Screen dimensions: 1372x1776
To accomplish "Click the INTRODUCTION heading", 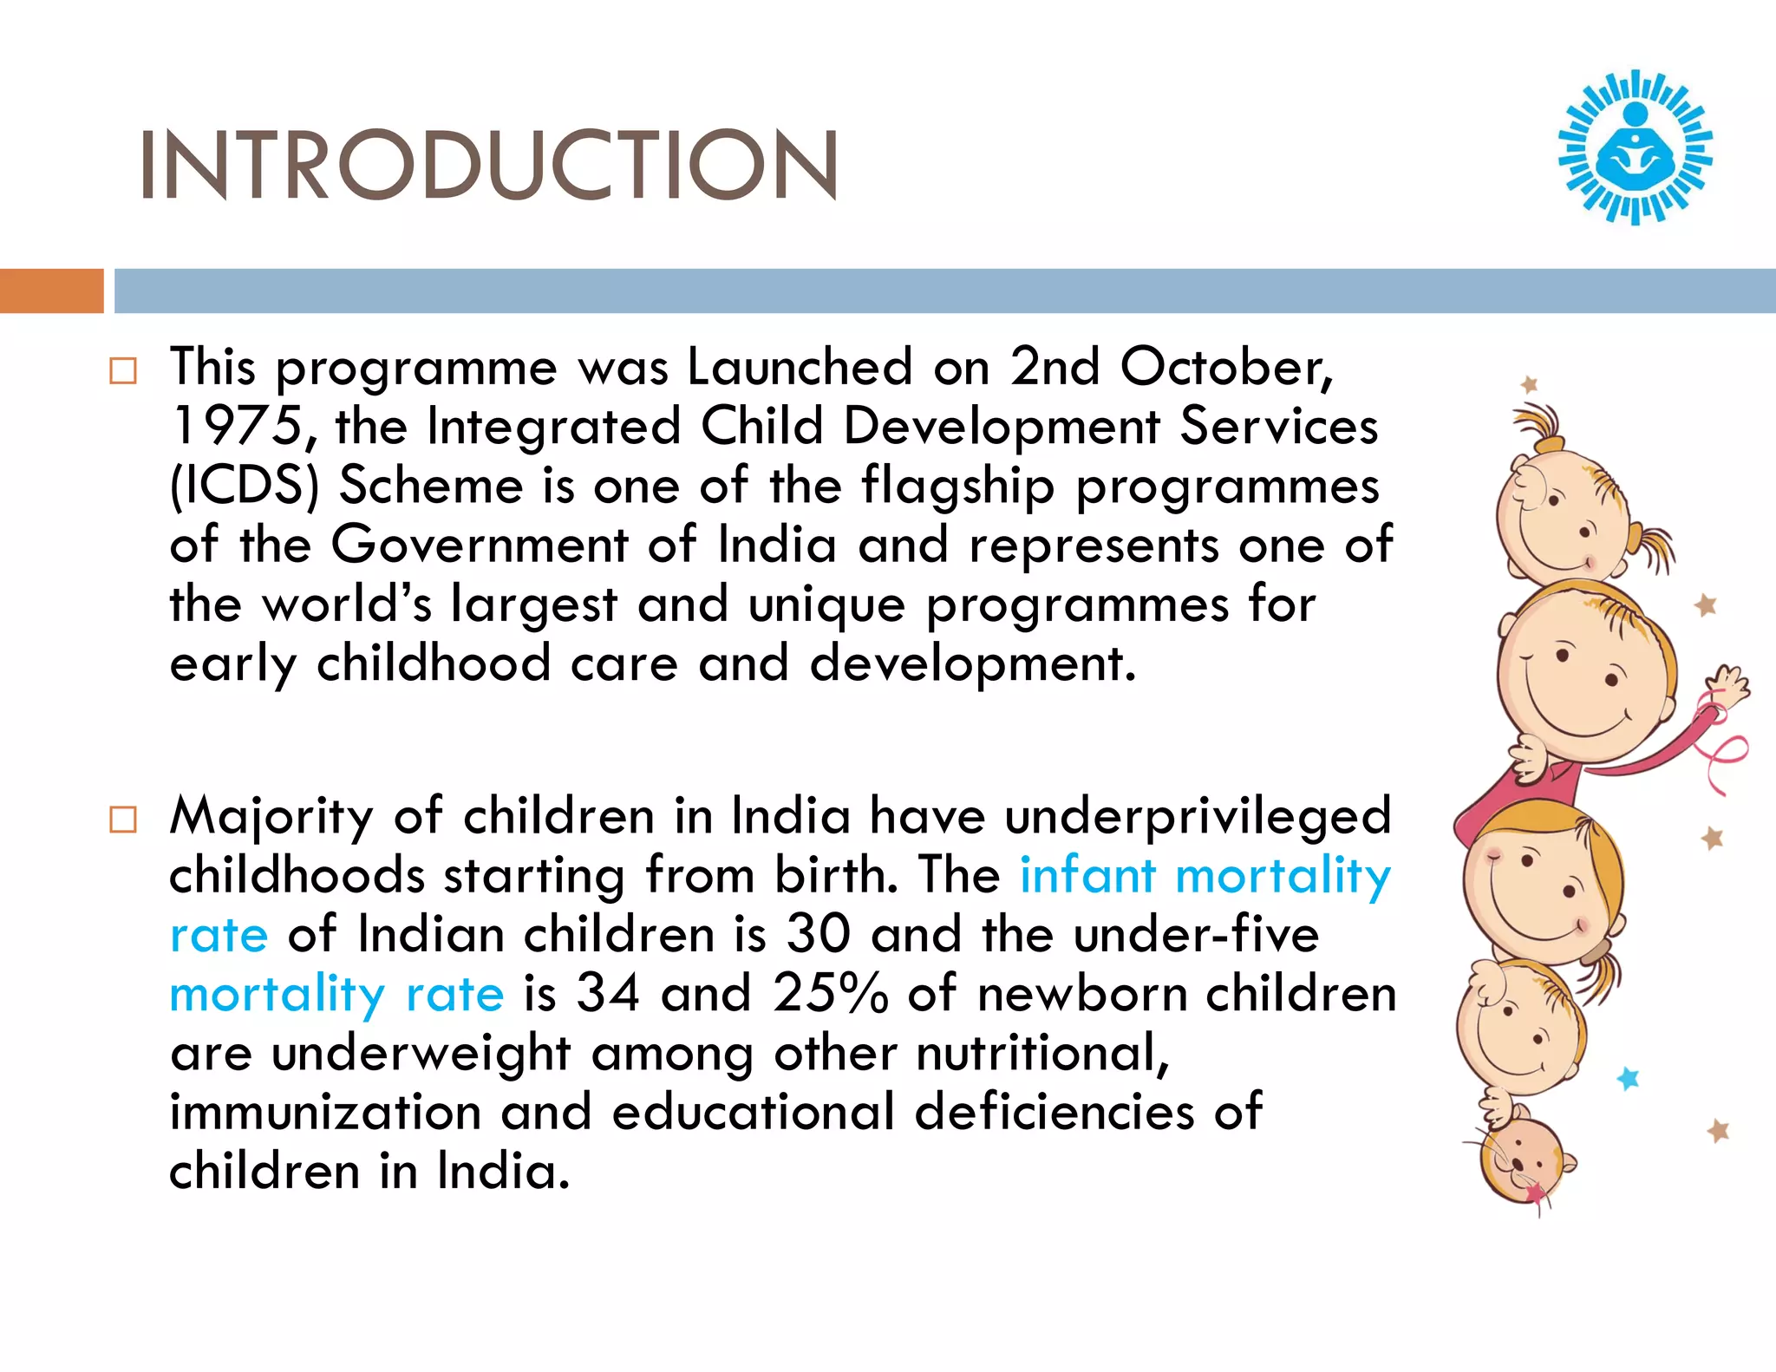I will tap(488, 165).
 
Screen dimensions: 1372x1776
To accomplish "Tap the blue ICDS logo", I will tap(1635, 147).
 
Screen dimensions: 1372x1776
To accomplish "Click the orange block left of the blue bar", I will tap(51, 291).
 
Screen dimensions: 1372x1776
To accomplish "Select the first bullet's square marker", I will tap(123, 371).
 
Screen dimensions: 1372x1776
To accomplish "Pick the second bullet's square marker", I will tap(123, 820).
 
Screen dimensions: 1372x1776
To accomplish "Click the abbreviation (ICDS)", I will tap(245, 485).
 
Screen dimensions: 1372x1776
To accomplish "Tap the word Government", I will tap(480, 545).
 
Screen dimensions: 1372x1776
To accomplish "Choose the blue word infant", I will tap(1087, 875).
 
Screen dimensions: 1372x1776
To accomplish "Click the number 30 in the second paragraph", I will tap(818, 934).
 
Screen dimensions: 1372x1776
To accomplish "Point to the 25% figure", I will tap(830, 993).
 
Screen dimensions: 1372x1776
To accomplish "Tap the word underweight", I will tap(421, 1054).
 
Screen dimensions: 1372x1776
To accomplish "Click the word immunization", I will tap(325, 1112).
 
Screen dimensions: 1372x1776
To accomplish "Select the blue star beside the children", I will tap(1629, 1078).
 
